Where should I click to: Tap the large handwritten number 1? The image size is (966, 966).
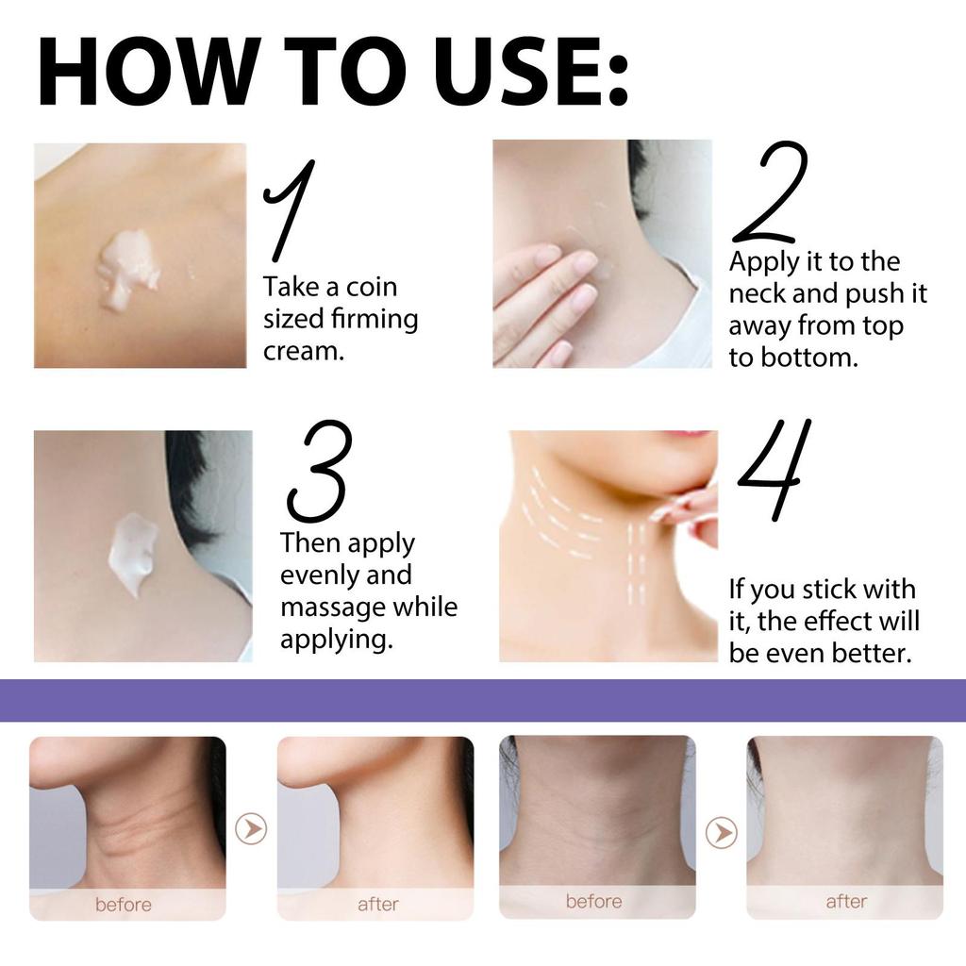[x=289, y=209]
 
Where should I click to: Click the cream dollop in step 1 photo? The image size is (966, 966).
[x=127, y=267]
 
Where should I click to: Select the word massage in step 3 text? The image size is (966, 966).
[x=333, y=607]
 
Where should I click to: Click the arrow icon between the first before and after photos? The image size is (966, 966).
[x=251, y=829]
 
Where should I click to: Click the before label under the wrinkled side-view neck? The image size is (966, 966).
[x=123, y=905]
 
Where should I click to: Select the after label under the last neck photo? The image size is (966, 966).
[x=846, y=901]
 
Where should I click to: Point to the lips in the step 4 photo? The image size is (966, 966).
[x=687, y=434]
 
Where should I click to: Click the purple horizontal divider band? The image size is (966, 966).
[x=483, y=700]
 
